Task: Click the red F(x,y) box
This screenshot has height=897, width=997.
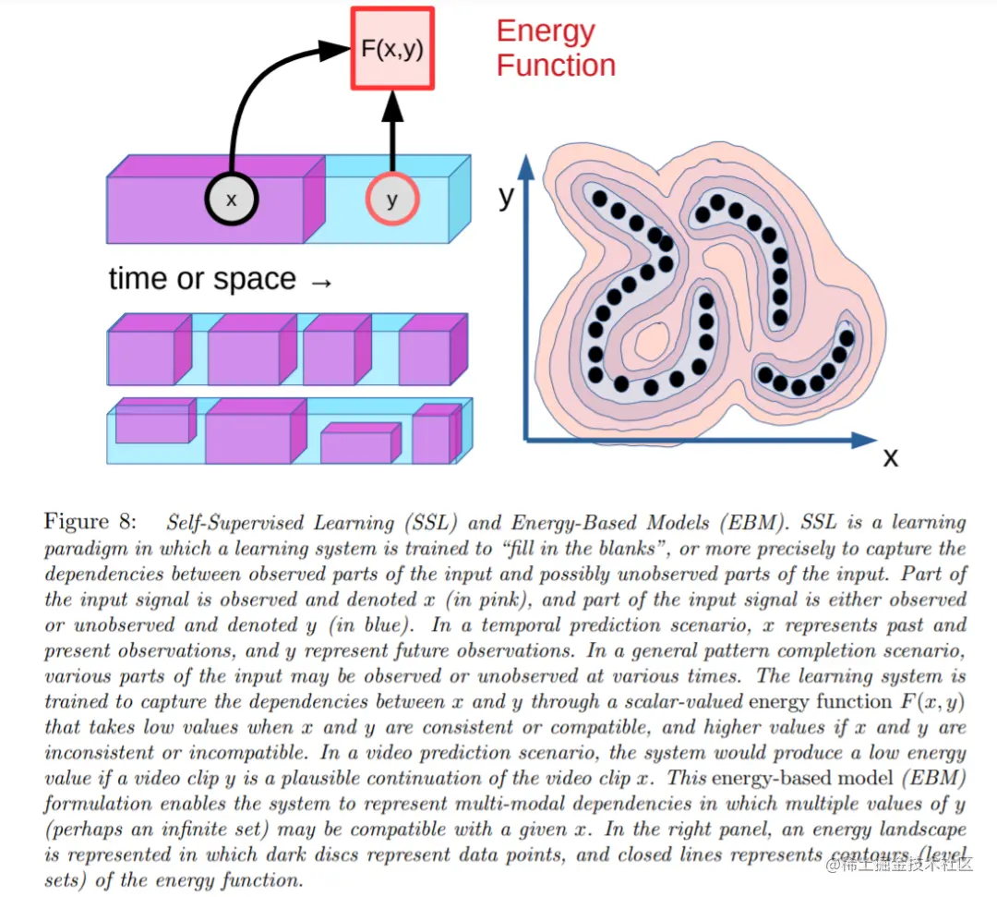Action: pyautogui.click(x=391, y=48)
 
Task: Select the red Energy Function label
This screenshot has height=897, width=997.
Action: pyautogui.click(x=555, y=48)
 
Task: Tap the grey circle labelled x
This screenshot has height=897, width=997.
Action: pyautogui.click(x=231, y=200)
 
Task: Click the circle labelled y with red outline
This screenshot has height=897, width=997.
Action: pyautogui.click(x=392, y=200)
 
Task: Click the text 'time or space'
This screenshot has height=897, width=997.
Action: pyautogui.click(x=202, y=279)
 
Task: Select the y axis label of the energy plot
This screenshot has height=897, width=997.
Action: pyautogui.click(x=506, y=196)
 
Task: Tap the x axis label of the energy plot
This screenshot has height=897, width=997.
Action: pyautogui.click(x=890, y=457)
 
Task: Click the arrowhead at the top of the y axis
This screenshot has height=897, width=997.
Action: pyautogui.click(x=526, y=166)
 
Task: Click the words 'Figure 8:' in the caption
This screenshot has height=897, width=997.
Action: pyautogui.click(x=90, y=522)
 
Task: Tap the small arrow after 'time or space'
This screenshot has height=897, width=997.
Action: pyautogui.click(x=320, y=281)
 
